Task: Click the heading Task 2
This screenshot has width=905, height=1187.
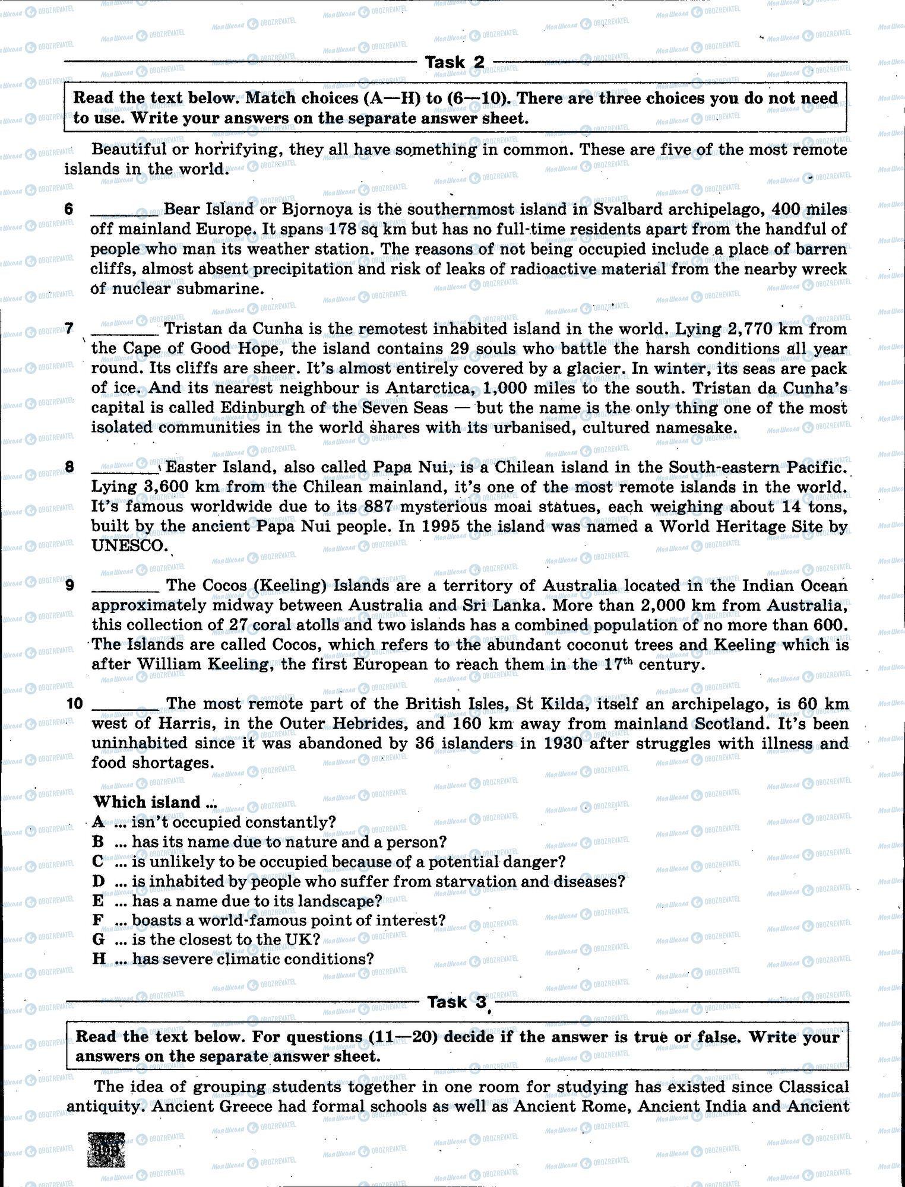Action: (454, 62)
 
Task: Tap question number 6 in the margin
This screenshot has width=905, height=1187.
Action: (69, 209)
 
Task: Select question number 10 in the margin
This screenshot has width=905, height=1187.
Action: (75, 704)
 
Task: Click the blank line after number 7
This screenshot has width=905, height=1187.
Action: (125, 330)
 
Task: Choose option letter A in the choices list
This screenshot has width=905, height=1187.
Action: (99, 822)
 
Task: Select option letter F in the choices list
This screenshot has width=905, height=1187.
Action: (99, 921)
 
